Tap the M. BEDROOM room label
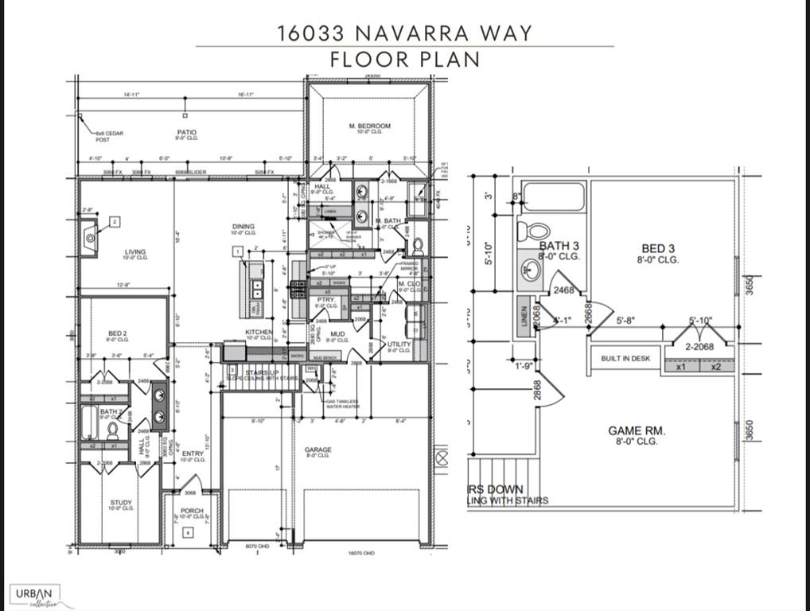pyautogui.click(x=369, y=126)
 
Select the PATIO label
pyautogui.click(x=187, y=132)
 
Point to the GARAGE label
pyautogui.click(x=318, y=450)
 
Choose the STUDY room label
pyautogui.click(x=121, y=503)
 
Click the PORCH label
pyautogui.click(x=192, y=511)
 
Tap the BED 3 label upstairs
pyautogui.click(x=659, y=250)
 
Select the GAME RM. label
pyautogui.click(x=637, y=431)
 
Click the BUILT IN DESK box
pyautogui.click(x=626, y=359)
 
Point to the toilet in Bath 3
pyautogui.click(x=533, y=232)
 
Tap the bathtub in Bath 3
pyautogui.click(x=555, y=197)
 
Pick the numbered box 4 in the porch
pyautogui.click(x=186, y=533)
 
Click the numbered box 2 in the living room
pyautogui.click(x=115, y=222)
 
